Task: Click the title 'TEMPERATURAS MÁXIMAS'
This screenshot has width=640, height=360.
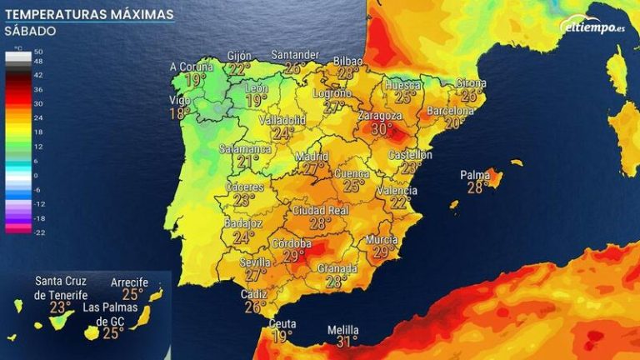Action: pos(89,14)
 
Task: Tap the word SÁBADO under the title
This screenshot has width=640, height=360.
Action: pos(30,32)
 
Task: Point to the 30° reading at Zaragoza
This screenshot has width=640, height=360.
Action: pos(381,129)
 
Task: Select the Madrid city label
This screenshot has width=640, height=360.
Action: pos(312,157)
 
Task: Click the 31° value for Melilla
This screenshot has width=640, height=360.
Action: pos(346,341)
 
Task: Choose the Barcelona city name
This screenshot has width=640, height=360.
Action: pos(451,111)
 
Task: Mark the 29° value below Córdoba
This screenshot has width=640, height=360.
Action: pos(293,257)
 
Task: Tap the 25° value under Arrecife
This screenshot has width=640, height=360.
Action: pos(132,294)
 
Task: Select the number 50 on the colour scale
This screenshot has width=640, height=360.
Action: pos(38,52)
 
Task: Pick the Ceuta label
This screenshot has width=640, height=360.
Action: pos(282,324)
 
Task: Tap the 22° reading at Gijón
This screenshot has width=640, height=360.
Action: pos(240,69)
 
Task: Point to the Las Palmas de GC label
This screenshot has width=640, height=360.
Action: pos(112,315)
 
